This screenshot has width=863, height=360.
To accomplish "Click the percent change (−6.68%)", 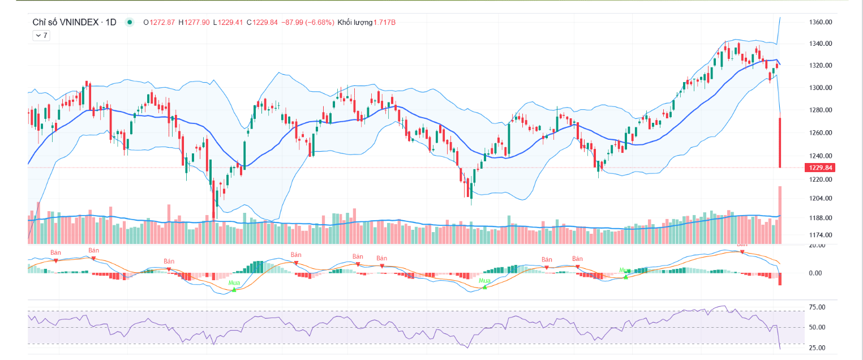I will pos(319,22).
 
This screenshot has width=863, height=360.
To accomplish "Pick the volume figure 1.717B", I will pos(385,22).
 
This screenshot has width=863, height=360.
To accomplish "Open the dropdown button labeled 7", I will pos(41,35).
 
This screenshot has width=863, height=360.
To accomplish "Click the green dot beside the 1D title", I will pos(130,22).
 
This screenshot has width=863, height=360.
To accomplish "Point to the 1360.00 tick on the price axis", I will pos(821,22).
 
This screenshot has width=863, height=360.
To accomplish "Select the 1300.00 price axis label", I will pos(821,88).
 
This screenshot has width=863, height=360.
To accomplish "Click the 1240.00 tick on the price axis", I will pos(821,156).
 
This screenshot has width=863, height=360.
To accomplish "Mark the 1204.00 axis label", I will pos(821,199).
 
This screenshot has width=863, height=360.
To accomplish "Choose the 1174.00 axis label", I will pos(821,235).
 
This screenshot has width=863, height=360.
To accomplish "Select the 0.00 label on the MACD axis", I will pos(815,273).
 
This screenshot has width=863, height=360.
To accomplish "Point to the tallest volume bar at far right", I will pos(780,215).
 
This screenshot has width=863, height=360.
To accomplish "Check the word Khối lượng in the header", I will pos(355,22).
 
